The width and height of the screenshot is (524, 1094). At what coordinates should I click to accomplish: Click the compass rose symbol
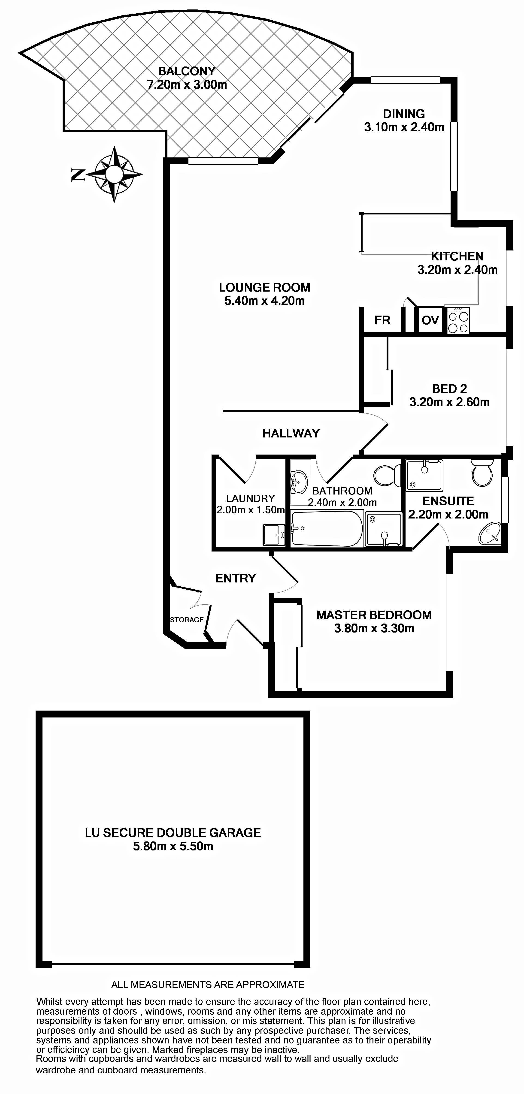tap(114, 174)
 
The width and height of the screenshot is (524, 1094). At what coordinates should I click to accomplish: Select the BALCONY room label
tap(187, 71)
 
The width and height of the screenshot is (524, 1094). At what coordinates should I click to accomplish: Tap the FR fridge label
tap(382, 320)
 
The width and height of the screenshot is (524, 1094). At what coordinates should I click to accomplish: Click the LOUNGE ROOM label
tap(264, 287)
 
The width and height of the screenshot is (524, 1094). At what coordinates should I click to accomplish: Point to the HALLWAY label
tap(291, 433)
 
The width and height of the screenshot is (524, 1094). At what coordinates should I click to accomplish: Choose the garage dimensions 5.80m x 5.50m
tap(173, 846)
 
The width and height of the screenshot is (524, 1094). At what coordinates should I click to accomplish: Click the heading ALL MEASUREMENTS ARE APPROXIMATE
tap(208, 984)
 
